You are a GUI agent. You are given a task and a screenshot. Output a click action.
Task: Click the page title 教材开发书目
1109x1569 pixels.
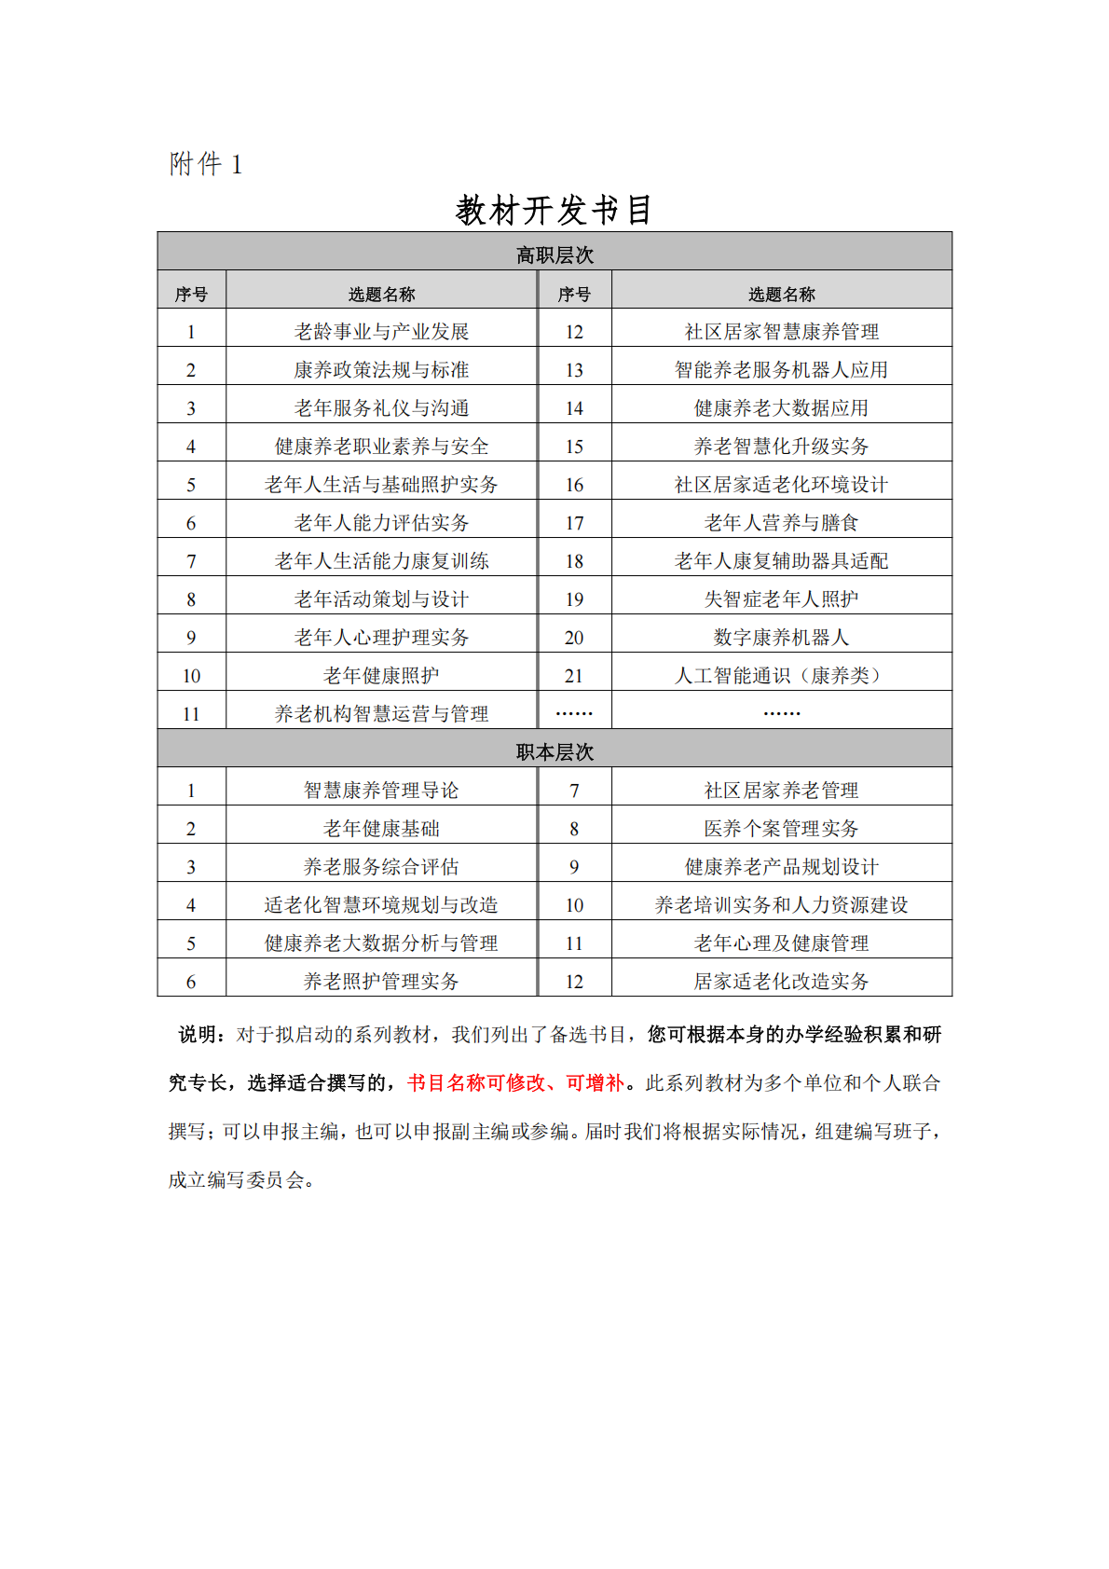pyautogui.click(x=554, y=211)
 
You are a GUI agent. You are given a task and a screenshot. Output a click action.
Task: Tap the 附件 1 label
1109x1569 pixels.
pyautogui.click(x=206, y=165)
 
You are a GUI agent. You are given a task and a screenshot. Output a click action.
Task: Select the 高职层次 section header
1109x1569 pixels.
pyautogui.click(x=554, y=255)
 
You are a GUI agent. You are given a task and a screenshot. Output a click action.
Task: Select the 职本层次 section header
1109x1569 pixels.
pyautogui.click(x=554, y=751)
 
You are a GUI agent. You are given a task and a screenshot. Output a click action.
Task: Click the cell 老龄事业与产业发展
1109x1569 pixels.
pyautogui.click(x=381, y=331)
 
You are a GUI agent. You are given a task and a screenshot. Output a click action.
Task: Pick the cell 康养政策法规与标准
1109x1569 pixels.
pyautogui.click(x=381, y=369)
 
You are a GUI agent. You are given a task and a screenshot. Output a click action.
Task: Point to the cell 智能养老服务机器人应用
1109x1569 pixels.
pyautogui.click(x=781, y=369)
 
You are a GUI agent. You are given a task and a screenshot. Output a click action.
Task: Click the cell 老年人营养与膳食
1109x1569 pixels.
pyautogui.click(x=781, y=522)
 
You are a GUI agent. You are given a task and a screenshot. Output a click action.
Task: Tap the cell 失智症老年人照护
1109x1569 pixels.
pyautogui.click(x=781, y=599)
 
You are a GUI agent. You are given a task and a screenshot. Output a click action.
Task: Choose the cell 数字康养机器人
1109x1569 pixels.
pyautogui.click(x=781, y=637)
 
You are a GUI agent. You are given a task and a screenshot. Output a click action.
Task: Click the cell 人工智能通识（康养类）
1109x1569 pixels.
pyautogui.click(x=781, y=675)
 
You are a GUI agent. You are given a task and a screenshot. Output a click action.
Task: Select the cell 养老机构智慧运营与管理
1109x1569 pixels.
pyautogui.click(x=381, y=713)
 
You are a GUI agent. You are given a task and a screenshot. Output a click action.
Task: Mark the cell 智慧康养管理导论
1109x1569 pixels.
pyautogui.click(x=381, y=790)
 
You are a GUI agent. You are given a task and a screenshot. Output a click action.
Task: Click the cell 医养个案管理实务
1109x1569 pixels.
pyautogui.click(x=781, y=828)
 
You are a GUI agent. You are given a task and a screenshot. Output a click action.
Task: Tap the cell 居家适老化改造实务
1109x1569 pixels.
pyautogui.click(x=781, y=981)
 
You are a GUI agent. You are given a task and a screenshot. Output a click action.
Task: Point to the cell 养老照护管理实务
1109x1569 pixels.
pyautogui.click(x=381, y=981)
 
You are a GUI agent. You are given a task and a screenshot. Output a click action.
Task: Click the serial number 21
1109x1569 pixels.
pyautogui.click(x=574, y=675)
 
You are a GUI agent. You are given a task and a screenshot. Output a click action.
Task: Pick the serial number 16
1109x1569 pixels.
pyautogui.click(x=574, y=484)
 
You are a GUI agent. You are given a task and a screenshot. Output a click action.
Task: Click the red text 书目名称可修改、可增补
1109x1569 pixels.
pyautogui.click(x=515, y=1082)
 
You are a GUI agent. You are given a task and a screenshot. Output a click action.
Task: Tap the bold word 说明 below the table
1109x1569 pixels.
pyautogui.click(x=199, y=1034)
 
